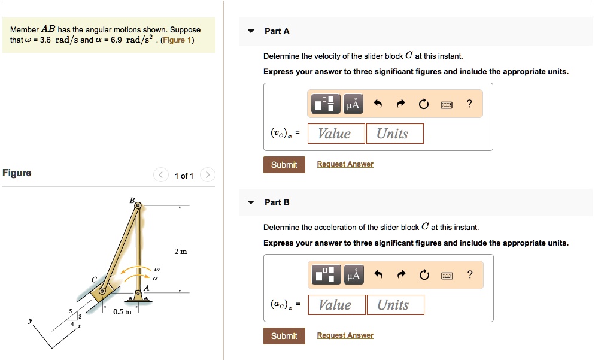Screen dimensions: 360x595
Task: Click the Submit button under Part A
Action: point(284,165)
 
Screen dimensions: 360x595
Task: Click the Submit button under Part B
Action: point(284,336)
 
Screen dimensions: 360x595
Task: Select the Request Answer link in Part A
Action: point(345,164)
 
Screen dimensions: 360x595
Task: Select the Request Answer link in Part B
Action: point(345,335)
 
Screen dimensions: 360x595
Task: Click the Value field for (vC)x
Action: point(336,134)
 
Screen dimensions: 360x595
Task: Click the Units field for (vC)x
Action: point(394,134)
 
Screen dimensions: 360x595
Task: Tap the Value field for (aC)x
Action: point(336,305)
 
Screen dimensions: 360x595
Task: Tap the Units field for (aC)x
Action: point(395,305)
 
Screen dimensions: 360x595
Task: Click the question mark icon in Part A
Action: point(469,104)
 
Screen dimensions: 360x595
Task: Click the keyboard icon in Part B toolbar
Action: point(447,276)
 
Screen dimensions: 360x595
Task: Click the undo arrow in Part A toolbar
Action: point(378,104)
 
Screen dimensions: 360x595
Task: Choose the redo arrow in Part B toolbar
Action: point(400,276)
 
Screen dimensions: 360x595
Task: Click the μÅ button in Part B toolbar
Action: point(353,276)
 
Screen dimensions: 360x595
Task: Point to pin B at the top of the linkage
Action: point(138,205)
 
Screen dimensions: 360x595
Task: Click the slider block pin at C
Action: point(102,291)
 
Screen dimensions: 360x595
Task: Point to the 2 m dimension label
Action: point(180,251)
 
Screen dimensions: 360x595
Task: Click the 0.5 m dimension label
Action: point(123,312)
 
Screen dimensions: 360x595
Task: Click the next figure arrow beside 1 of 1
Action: point(207,175)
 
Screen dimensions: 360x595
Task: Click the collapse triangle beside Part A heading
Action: point(251,31)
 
